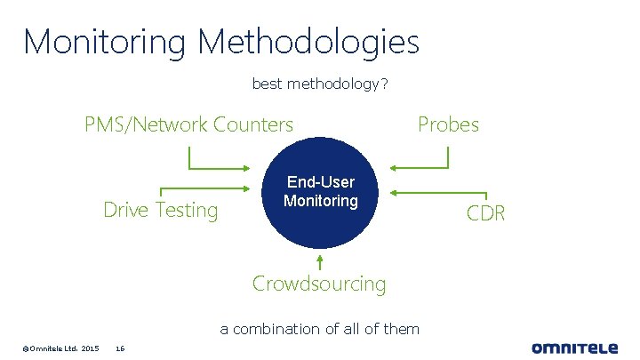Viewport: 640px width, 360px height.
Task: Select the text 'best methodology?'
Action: [319, 84]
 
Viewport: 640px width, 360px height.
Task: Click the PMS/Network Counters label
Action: [188, 124]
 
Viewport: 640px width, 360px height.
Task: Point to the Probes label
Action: [448, 124]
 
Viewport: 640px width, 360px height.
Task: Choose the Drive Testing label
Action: [161, 210]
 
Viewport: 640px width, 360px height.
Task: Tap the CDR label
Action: [486, 213]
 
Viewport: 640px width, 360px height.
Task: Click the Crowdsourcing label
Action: [319, 284]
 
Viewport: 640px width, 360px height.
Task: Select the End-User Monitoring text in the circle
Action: [320, 192]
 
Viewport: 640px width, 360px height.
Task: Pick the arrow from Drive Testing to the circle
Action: [204, 188]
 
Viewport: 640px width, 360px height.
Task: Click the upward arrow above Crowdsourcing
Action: [319, 261]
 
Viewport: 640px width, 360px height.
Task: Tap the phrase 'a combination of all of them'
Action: [319, 329]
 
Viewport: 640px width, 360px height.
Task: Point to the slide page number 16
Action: [120, 347]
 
